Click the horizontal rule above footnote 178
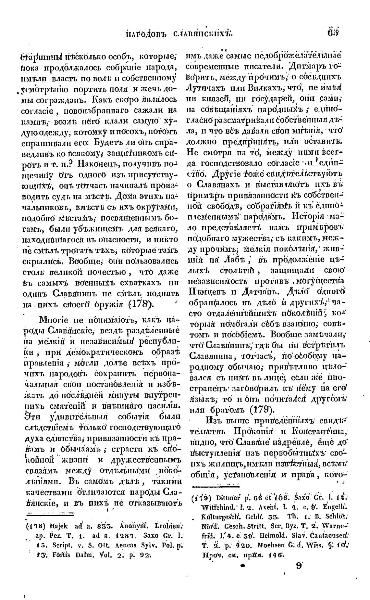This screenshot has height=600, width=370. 51,514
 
